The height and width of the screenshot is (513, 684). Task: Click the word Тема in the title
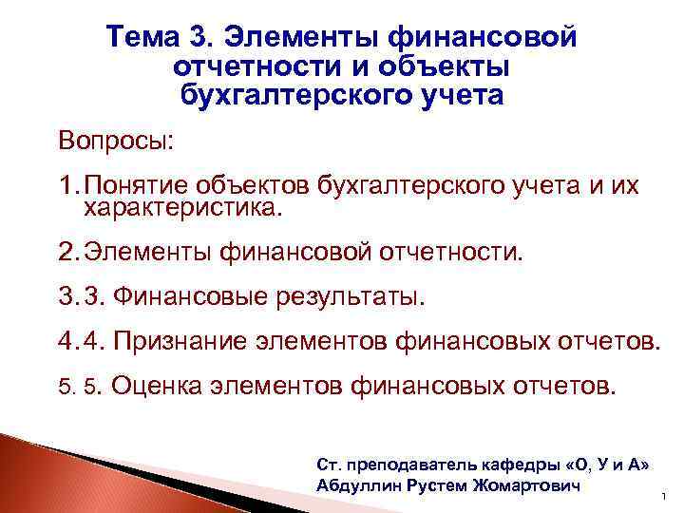tap(148, 36)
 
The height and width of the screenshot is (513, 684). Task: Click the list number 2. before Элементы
tap(68, 254)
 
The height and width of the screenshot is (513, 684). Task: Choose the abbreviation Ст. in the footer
tap(326, 465)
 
